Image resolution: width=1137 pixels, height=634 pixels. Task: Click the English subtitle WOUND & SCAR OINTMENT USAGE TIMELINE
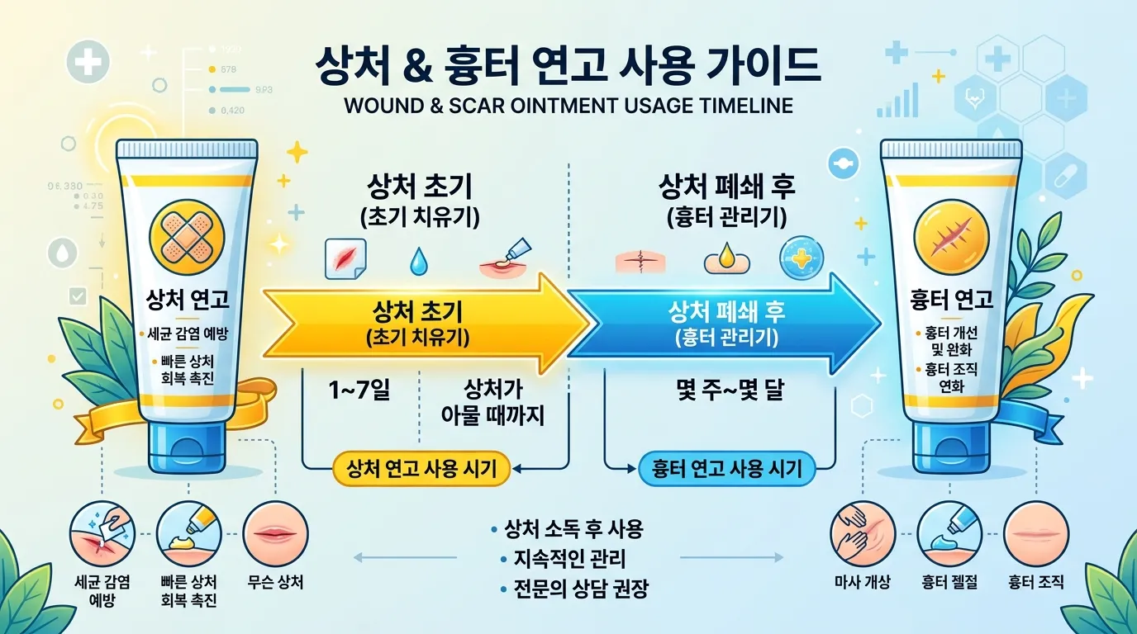point(568,106)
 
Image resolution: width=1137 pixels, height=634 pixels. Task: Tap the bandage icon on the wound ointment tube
point(184,238)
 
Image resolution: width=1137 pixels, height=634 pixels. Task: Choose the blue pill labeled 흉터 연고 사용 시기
point(726,469)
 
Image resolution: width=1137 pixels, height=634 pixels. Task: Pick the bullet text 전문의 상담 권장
point(575,589)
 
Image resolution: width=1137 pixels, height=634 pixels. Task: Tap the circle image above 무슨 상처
point(276,532)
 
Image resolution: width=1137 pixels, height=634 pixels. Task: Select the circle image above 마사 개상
point(862,532)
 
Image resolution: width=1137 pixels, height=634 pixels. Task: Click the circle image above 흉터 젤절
point(949,532)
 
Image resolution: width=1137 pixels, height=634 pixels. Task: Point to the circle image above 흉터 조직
point(1035,532)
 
